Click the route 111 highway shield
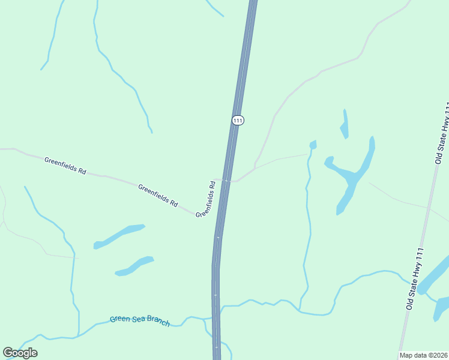pos(238,120)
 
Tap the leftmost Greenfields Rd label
pos(65,165)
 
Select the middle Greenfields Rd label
pos(158,196)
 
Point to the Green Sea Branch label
pos(139,321)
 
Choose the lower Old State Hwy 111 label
pos(415,278)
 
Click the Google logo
pos(20,352)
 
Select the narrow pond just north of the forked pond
pos(345,125)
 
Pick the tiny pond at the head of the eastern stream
pos(313,145)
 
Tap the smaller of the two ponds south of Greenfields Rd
pos(135,266)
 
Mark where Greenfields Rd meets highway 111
pos(225,180)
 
